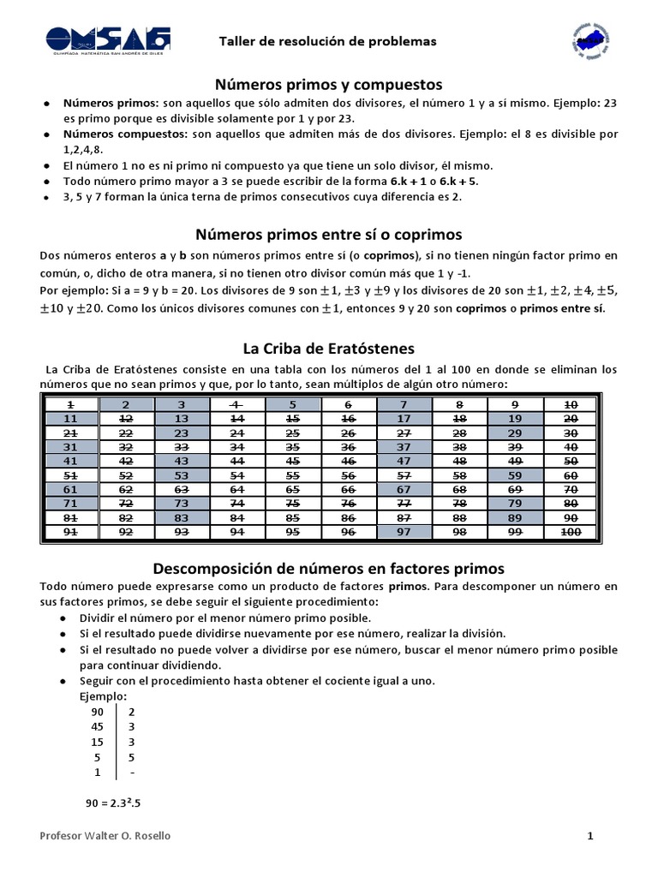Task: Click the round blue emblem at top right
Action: point(589,39)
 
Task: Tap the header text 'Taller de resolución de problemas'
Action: point(328,41)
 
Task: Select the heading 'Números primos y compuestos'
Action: point(329,84)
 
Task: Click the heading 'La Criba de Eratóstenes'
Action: point(329,349)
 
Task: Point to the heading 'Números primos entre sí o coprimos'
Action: point(329,234)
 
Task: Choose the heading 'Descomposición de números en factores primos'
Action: point(329,568)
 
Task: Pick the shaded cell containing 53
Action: point(182,475)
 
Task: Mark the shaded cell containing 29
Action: point(515,434)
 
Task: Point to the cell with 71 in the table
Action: point(70,504)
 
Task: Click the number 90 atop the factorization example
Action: point(97,712)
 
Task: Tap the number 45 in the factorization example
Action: point(97,726)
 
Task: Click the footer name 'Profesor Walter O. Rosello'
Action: point(105,836)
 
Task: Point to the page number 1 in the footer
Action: point(590,836)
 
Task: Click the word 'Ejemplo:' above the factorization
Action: point(103,696)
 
